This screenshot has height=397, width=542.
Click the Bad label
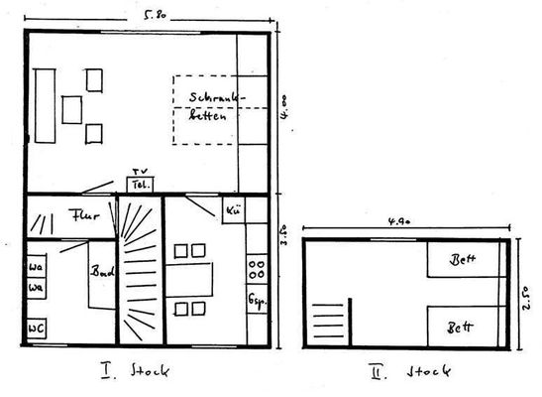pos(102,271)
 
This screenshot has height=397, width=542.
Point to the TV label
pos(138,171)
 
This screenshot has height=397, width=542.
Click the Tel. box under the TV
pos(138,185)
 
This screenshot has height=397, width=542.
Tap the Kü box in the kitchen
pos(234,211)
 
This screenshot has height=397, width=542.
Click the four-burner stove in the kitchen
pos(256,267)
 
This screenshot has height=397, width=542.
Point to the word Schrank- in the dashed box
pos(216,98)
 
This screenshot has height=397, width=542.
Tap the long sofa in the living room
pos(44,104)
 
